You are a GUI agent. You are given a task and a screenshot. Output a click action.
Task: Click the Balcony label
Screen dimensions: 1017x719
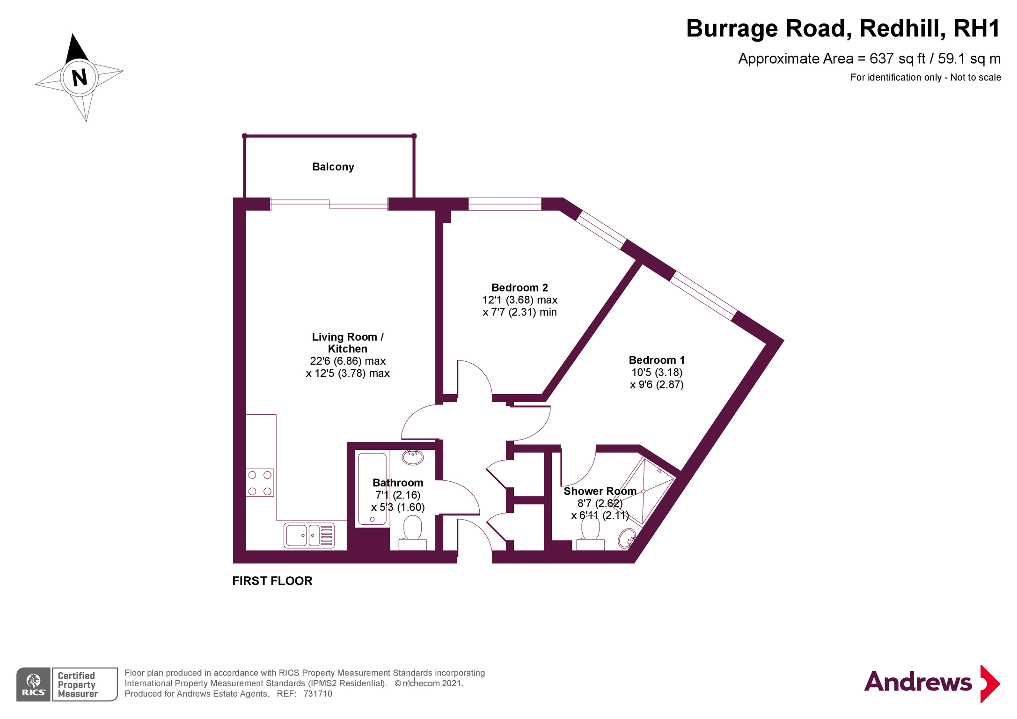[333, 167]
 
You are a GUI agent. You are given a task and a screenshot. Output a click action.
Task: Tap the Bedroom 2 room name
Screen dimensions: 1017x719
[519, 287]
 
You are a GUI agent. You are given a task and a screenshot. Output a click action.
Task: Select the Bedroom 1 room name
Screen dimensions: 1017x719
[657, 360]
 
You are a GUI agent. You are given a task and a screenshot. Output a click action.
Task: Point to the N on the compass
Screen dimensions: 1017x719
[80, 77]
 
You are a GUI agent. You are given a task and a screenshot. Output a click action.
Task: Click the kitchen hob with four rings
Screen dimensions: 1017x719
[260, 483]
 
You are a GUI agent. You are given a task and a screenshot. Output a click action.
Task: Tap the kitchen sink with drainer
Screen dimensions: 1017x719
[309, 535]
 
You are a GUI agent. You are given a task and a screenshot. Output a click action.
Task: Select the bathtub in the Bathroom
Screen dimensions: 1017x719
[372, 489]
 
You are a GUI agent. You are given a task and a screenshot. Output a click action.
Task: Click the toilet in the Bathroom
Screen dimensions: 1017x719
[412, 533]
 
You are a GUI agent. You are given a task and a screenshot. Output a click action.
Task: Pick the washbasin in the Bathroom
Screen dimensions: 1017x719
[413, 457]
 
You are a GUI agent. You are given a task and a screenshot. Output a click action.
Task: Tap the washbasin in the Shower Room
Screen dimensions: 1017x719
[626, 538]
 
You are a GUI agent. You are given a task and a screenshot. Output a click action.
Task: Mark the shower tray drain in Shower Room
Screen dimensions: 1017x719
[644, 492]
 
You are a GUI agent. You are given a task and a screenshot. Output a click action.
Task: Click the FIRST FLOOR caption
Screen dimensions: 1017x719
[272, 581]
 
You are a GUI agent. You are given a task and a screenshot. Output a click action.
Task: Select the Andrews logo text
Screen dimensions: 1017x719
[918, 682]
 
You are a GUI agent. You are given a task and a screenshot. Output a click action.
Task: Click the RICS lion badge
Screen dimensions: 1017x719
[33, 684]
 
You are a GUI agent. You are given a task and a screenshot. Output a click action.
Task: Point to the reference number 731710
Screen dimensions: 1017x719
[318, 694]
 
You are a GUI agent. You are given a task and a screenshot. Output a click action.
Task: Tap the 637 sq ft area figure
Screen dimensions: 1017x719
[897, 59]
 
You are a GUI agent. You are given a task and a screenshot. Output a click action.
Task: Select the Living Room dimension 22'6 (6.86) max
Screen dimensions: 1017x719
[348, 361]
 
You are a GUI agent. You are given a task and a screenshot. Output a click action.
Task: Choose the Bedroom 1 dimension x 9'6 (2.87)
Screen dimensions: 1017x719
[657, 385]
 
